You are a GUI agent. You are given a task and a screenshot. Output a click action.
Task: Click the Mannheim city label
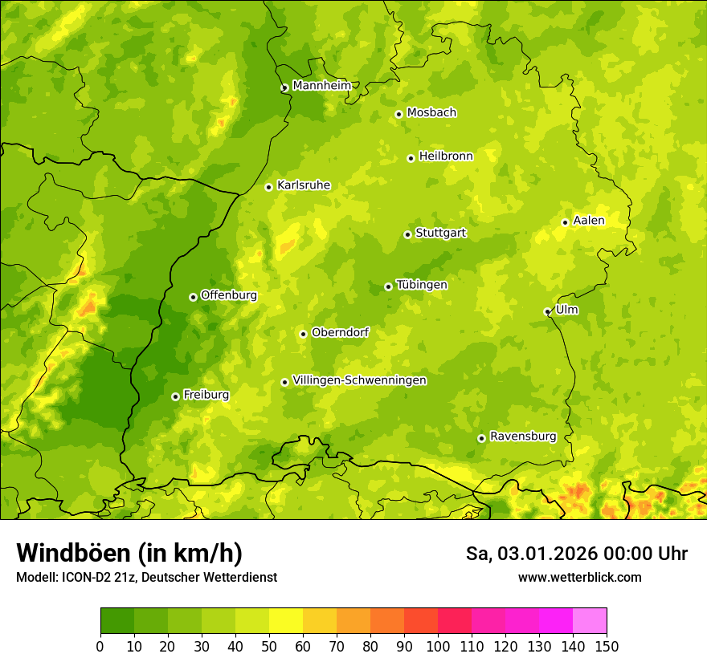[x=321, y=86]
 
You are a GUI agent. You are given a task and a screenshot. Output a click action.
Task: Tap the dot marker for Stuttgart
[x=407, y=234]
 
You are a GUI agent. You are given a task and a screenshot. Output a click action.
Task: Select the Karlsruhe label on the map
[x=304, y=185]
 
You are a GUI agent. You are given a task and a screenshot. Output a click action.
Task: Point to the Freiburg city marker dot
[x=175, y=396]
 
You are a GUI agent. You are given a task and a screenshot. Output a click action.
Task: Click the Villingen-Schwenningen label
[x=359, y=380]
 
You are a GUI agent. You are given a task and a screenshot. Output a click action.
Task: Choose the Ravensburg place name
[x=523, y=437]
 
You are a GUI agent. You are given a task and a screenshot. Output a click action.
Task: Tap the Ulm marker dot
[x=547, y=311]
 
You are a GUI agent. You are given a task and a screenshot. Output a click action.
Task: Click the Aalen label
[x=589, y=221]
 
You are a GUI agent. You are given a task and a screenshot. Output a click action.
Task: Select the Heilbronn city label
[x=446, y=156]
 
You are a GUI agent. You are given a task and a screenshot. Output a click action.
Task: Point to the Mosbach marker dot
[x=398, y=114]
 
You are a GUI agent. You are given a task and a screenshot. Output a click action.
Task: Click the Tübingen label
[x=422, y=285]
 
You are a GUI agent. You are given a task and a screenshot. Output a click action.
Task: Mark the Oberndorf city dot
[x=303, y=334]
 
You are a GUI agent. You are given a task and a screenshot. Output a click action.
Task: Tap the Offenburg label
[x=229, y=295]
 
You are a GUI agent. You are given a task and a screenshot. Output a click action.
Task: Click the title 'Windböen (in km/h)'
[x=129, y=553]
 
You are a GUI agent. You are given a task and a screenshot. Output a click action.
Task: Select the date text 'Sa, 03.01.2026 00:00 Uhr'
[x=576, y=554]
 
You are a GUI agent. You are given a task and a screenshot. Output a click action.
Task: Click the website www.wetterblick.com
[x=579, y=577]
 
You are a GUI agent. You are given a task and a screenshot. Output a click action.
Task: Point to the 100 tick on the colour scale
[x=438, y=647]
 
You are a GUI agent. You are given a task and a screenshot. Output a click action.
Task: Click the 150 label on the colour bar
[x=607, y=647]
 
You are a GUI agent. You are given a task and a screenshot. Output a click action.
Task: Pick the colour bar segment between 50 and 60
[x=286, y=621]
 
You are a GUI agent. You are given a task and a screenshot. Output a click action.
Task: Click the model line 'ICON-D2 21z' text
[x=91, y=578]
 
